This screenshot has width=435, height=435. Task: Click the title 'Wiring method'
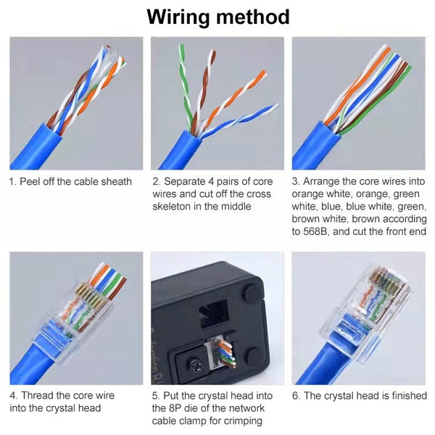point(217,17)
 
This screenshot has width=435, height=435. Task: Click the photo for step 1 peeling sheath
point(75,102)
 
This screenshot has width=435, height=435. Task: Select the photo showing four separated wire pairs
point(217,102)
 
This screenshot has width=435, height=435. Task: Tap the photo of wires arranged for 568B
point(358,102)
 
